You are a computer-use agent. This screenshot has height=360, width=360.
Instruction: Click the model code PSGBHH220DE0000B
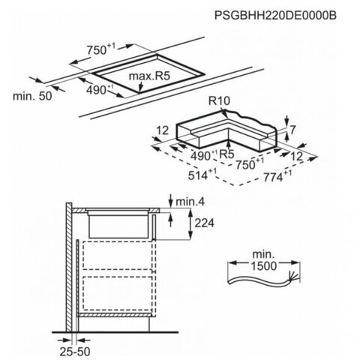pyautogui.click(x=275, y=15)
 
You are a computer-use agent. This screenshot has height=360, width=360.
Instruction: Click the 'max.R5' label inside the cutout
pyautogui.click(x=149, y=76)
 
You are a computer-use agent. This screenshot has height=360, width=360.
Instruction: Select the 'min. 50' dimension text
pyautogui.click(x=32, y=96)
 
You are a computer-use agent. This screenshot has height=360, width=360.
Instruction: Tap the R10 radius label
pyautogui.click(x=219, y=101)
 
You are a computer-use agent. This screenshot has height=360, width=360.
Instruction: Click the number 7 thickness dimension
pyautogui.click(x=292, y=130)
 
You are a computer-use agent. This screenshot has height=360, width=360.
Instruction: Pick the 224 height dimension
pyautogui.click(x=204, y=223)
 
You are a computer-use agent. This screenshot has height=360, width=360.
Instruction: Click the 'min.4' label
pyautogui.click(x=190, y=202)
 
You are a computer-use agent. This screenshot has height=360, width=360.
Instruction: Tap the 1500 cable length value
pyautogui.click(x=264, y=265)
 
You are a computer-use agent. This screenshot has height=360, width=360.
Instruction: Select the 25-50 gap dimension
pyautogui.click(x=75, y=352)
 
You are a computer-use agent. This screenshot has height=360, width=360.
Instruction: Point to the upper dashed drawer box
pyautogui.click(x=117, y=255)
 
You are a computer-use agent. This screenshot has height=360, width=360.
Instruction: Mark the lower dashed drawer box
pyautogui.click(x=117, y=293)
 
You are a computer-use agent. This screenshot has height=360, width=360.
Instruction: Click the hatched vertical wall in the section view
pyautogui.click(x=69, y=267)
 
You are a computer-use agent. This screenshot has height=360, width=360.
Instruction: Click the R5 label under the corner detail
pyautogui.click(x=226, y=154)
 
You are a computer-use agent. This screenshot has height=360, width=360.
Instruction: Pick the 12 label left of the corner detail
pyautogui.click(x=163, y=130)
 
